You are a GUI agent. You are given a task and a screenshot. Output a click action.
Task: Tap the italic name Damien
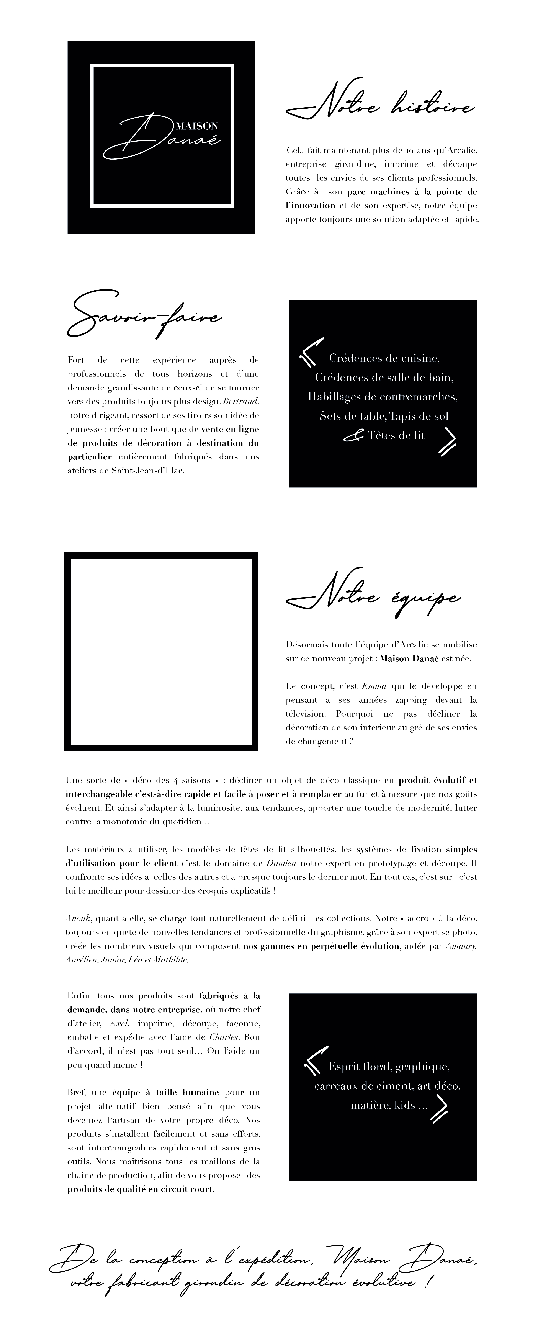point(281,863)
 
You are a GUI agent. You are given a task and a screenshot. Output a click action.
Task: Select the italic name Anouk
point(74,918)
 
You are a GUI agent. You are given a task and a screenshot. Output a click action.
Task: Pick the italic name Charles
point(224,1037)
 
